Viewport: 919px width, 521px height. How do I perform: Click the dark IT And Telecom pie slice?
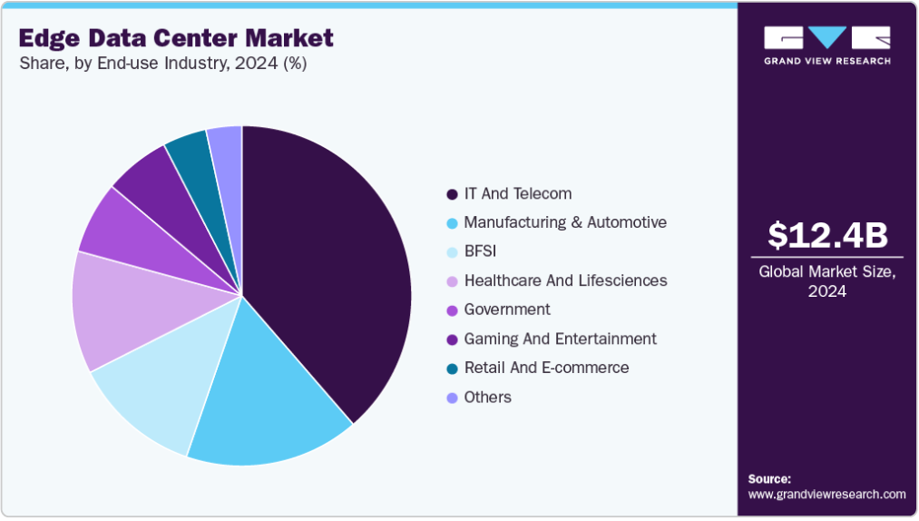point(327,272)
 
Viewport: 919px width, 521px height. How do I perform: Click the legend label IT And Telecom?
point(518,193)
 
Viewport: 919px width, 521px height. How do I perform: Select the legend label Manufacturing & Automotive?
point(565,222)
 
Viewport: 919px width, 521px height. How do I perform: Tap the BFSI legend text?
point(481,251)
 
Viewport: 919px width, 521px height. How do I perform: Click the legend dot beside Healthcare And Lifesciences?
point(452,281)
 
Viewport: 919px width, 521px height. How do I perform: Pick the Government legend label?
point(507,310)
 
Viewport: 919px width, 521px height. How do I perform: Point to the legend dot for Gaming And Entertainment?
point(452,339)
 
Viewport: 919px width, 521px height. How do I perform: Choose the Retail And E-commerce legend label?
point(546,368)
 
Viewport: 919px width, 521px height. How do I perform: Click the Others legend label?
point(488,397)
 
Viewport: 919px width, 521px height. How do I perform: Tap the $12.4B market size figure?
point(827,235)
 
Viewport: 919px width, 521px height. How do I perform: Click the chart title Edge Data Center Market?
point(176,38)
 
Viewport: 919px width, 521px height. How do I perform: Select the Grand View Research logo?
point(827,44)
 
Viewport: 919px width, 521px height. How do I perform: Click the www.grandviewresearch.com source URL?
point(827,495)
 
